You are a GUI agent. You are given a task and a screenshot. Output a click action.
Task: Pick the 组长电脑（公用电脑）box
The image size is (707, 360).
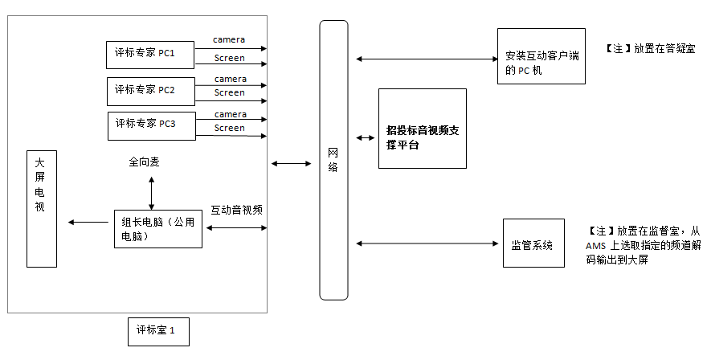[157, 229]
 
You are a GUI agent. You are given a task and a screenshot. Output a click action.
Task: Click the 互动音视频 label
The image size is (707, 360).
[237, 210]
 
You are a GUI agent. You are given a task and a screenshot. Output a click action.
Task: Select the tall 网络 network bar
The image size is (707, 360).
[333, 161]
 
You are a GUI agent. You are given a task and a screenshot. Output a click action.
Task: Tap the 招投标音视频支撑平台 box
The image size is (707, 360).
[422, 129]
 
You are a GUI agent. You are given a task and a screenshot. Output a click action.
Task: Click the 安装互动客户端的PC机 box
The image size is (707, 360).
[541, 56]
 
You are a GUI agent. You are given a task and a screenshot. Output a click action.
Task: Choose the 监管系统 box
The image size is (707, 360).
[533, 243]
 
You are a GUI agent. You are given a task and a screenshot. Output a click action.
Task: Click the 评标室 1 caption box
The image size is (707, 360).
[158, 331]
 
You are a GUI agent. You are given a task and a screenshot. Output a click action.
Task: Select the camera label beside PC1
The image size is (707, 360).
[229, 39]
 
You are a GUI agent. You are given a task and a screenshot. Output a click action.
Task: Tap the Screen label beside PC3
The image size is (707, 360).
[230, 128]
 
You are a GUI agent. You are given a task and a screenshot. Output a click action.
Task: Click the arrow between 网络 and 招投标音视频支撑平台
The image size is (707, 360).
[365, 138]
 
